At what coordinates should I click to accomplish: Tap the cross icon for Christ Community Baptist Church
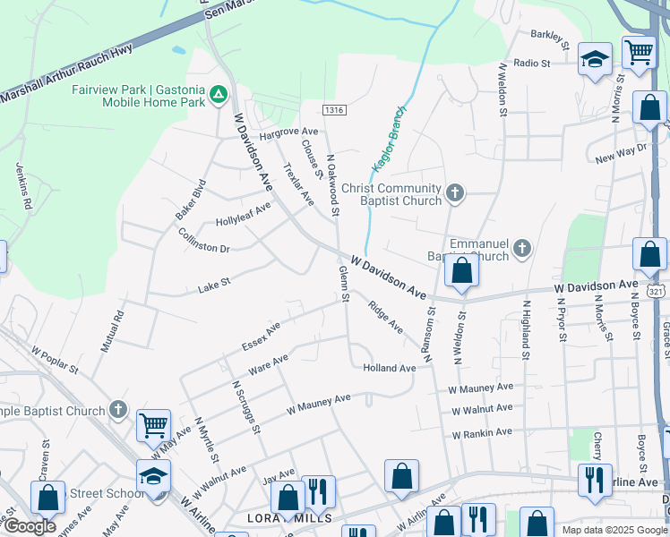point(455,192)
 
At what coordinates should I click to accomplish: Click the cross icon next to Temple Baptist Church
point(118,410)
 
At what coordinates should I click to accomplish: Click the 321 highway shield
point(657,292)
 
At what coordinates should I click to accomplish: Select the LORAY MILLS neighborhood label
point(292,518)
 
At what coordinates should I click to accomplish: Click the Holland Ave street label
point(390,368)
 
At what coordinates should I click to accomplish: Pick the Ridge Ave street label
point(386,317)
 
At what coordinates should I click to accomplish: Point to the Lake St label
point(214,286)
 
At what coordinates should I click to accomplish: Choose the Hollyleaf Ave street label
point(243,215)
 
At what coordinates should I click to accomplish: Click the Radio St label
point(532,64)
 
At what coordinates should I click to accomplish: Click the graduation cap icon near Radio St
point(595,59)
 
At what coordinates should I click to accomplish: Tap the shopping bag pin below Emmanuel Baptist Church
point(461,270)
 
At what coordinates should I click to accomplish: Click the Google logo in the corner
point(30,526)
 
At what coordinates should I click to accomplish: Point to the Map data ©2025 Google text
point(614,530)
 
